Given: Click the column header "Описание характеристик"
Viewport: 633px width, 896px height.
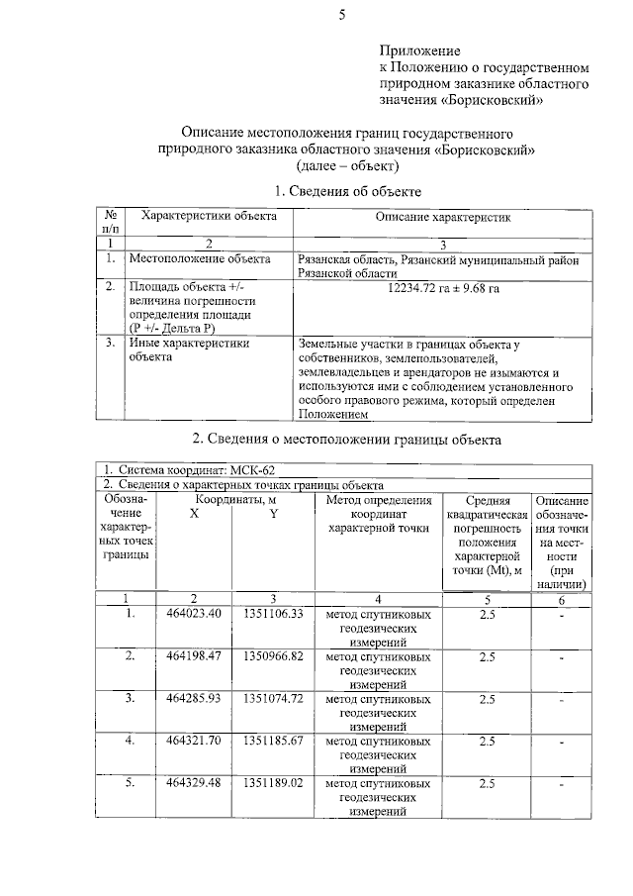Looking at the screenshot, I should click(x=442, y=216).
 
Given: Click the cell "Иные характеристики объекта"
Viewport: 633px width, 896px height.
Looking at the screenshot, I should click(x=188, y=350).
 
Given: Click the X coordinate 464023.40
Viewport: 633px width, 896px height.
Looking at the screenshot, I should click(x=194, y=614).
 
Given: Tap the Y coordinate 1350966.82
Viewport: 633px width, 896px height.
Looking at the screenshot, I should click(x=272, y=656).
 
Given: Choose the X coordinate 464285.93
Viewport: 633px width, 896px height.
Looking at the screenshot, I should click(x=194, y=699).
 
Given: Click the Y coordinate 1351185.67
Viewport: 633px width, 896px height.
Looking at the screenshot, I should click(x=272, y=742).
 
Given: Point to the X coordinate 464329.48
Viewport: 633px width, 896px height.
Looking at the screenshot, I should click(x=194, y=784).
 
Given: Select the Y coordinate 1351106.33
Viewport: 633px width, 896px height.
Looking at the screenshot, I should click(x=272, y=614).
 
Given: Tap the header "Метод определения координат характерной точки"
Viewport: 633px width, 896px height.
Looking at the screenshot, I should click(x=378, y=515).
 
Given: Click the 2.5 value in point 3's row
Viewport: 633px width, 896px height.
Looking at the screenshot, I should click(x=487, y=699).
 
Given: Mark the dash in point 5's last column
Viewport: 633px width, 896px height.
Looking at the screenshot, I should click(x=562, y=785).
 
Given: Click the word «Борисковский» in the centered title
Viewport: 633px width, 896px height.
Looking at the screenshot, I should click(x=489, y=149).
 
